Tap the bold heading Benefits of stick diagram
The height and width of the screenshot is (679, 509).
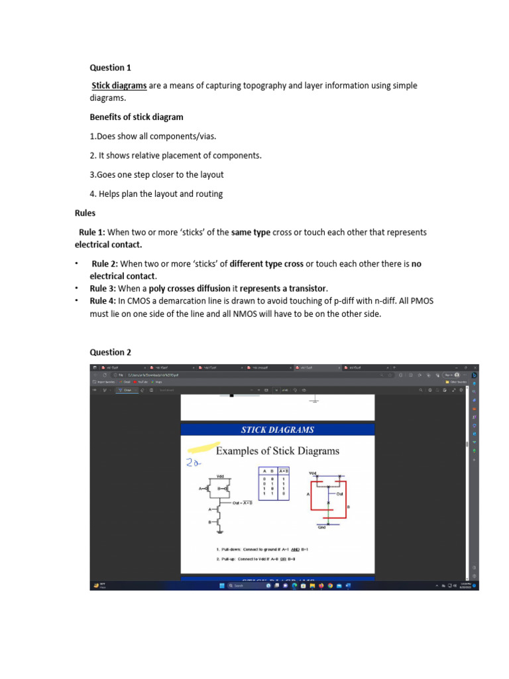click(x=137, y=117)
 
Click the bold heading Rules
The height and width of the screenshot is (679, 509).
click(x=85, y=214)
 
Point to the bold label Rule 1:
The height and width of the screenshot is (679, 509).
click(x=92, y=233)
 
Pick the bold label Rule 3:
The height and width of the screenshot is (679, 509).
click(x=104, y=288)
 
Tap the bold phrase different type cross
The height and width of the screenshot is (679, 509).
click(x=266, y=264)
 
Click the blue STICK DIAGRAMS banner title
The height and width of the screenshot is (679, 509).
click(x=278, y=430)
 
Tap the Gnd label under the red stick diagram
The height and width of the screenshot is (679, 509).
click(x=322, y=528)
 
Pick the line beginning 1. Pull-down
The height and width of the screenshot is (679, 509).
click(x=262, y=550)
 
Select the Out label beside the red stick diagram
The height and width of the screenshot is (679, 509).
click(x=339, y=494)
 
